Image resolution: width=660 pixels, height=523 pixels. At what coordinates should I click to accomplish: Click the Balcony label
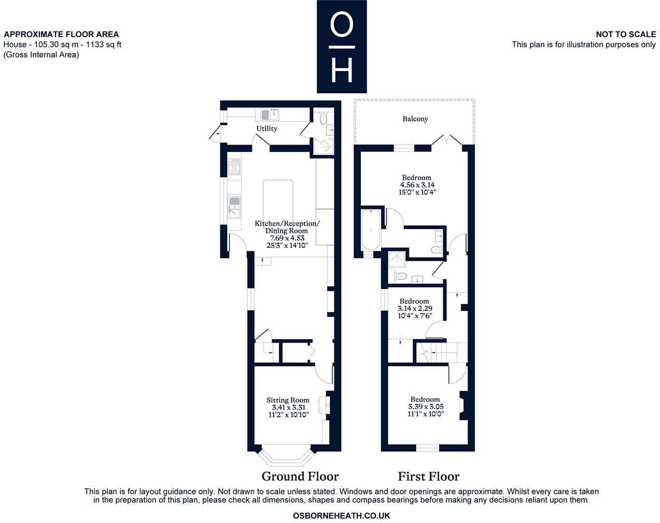click(415, 119)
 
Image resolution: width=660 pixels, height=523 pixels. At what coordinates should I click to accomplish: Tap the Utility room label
click(266, 129)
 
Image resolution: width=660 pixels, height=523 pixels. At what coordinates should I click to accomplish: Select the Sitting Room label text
click(288, 400)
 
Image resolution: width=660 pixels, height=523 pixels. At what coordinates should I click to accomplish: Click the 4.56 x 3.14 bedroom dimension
click(417, 185)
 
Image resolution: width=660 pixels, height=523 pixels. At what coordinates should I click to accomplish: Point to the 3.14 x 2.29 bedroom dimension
click(415, 308)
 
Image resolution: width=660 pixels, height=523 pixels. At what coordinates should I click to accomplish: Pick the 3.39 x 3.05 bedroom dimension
click(426, 407)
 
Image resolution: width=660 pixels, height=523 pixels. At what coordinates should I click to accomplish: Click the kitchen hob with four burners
click(234, 167)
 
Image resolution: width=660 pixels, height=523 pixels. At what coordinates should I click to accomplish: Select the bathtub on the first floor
click(371, 229)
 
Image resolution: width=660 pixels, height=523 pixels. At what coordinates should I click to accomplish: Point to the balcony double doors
click(447, 140)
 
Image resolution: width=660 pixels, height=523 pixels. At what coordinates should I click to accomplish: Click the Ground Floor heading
click(300, 476)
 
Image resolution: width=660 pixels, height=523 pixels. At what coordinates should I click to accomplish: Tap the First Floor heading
click(428, 476)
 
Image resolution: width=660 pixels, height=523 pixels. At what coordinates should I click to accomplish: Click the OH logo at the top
click(342, 47)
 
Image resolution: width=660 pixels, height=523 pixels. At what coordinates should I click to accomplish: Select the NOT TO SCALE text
click(625, 34)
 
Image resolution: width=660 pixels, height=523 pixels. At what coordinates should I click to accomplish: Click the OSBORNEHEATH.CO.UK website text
click(341, 516)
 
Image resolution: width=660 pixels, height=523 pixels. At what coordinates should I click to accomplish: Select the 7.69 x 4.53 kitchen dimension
click(287, 238)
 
